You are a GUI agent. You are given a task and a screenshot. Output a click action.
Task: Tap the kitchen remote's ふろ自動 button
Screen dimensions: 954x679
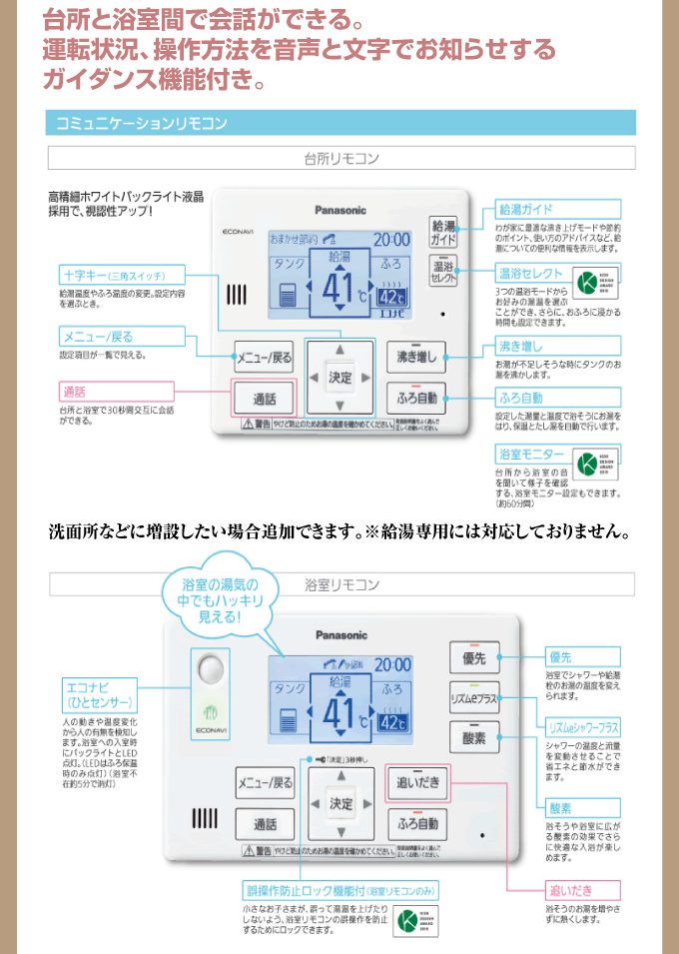click(x=416, y=398)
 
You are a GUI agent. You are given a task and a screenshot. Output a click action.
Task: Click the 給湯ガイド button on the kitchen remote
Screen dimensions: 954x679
click(x=443, y=233)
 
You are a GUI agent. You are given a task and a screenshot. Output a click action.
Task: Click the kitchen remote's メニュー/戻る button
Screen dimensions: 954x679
click(x=264, y=356)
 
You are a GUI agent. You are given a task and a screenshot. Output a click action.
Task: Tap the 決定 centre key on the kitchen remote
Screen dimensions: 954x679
click(x=341, y=377)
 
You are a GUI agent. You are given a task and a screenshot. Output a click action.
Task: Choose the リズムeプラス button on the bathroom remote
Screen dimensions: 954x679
click(x=473, y=699)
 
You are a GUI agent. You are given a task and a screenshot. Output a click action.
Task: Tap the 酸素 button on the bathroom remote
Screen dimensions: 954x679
click(x=473, y=738)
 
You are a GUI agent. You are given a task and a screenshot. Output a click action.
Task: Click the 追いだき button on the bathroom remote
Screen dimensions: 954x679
click(x=417, y=782)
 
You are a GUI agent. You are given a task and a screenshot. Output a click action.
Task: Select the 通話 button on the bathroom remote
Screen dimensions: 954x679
click(x=265, y=824)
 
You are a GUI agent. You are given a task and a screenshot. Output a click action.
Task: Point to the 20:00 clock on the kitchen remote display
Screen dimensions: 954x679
click(x=391, y=240)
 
